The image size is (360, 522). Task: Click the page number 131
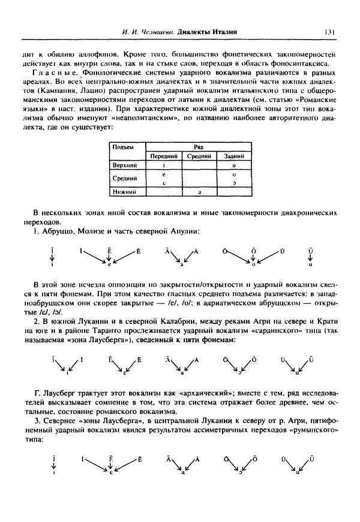coord(329,32)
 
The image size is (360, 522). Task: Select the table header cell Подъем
coord(124,146)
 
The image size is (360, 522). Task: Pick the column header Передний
coord(163,155)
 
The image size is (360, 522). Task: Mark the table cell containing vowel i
coord(163,164)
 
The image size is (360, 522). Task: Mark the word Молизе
coord(92,231)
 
